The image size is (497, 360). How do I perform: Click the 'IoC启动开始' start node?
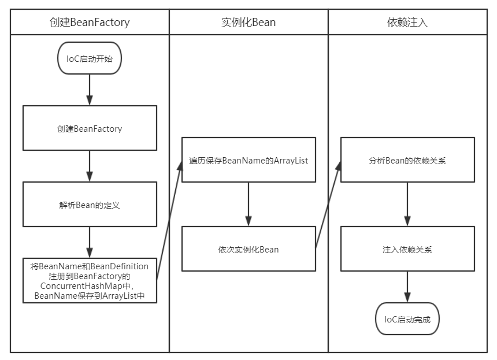[x=90, y=58]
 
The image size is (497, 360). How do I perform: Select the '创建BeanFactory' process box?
[x=90, y=128]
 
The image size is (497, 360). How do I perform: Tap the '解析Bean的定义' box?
[x=90, y=204]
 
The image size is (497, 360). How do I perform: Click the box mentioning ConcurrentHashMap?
[x=90, y=280]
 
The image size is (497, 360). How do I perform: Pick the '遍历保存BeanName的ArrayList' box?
[x=248, y=160]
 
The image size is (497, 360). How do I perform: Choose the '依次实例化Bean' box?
[x=248, y=249]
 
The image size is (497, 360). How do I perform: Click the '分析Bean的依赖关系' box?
[x=407, y=160]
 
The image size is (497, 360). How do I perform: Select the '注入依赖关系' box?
[x=407, y=249]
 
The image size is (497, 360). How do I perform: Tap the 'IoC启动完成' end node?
[x=407, y=318]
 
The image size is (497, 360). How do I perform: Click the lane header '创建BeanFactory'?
[x=90, y=23]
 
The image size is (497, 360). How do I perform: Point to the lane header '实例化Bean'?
[x=248, y=23]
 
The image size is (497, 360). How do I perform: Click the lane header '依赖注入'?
[x=407, y=23]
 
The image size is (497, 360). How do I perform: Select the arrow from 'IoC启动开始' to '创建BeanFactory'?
[x=90, y=90]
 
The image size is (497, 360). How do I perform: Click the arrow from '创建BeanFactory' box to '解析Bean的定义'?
[x=90, y=166]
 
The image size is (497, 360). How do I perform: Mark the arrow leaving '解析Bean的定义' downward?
[x=90, y=242]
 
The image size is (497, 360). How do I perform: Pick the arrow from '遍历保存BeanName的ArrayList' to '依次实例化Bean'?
[x=248, y=205]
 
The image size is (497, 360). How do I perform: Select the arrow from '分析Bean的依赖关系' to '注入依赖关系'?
[x=407, y=205]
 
